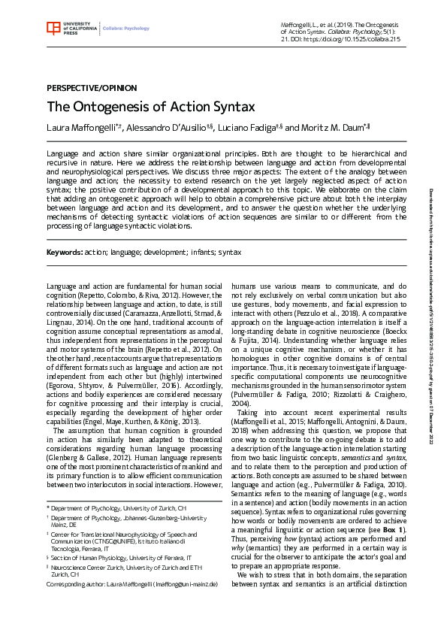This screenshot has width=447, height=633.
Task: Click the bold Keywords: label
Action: pos(64,253)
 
